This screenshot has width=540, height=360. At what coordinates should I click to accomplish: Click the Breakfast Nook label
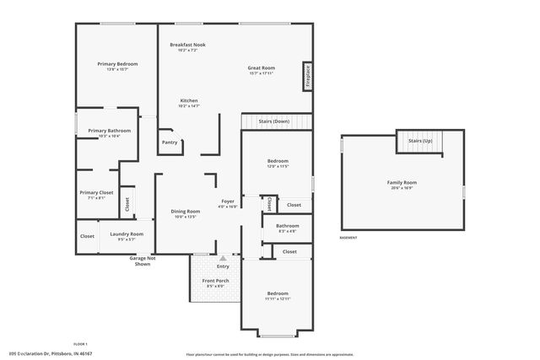[186, 45]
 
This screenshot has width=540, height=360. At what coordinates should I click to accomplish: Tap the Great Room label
[261, 67]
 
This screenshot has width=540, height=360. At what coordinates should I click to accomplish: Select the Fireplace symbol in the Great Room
[308, 76]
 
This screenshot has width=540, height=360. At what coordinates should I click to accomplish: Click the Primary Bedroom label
[117, 64]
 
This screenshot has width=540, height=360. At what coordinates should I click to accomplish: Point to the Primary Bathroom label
[109, 131]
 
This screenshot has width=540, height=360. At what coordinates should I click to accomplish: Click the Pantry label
[170, 142]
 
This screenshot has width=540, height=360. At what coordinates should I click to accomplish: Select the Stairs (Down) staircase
[275, 122]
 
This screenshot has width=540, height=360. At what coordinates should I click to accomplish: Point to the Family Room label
[402, 182]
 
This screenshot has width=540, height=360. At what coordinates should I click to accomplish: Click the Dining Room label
[186, 211]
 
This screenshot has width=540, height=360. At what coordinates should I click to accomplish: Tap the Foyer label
[228, 201]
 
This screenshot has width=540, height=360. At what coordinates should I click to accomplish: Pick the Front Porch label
[215, 281]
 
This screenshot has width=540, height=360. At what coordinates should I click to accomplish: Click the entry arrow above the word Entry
[223, 259]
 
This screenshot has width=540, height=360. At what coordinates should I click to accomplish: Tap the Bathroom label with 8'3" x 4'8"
[288, 226]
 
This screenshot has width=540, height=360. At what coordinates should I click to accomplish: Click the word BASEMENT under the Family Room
[348, 238]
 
